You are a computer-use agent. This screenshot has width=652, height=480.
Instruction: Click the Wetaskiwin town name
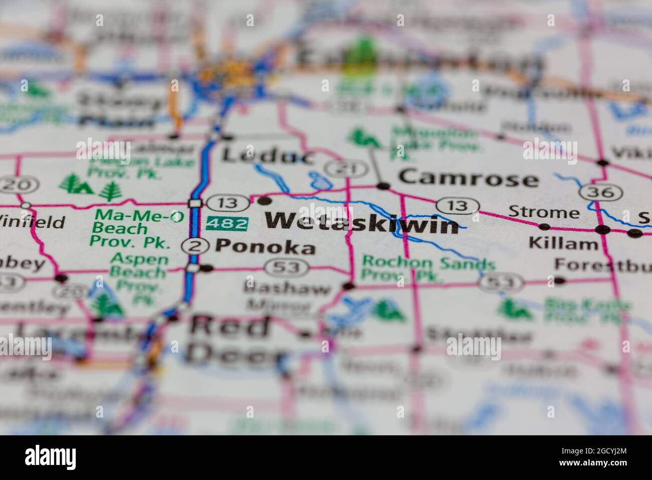pyautogui.click(x=362, y=223)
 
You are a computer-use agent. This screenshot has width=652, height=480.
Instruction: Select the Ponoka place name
pyautogui.click(x=265, y=247)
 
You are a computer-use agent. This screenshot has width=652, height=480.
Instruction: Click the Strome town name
pyautogui.click(x=544, y=211)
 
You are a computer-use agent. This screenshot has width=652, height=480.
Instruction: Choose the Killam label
pyautogui.click(x=563, y=245)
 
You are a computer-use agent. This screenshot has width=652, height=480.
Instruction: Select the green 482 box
pyautogui.click(x=227, y=223)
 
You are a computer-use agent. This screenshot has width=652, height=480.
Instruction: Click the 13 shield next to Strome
pyautogui.click(x=457, y=205)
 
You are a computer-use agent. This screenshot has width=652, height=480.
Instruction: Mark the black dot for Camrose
pyautogui.click(x=383, y=186)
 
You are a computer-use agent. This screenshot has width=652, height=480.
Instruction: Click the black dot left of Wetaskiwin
pyautogui.click(x=264, y=201)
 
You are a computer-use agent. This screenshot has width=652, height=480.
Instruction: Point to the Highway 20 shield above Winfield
pyautogui.click(x=13, y=185)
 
